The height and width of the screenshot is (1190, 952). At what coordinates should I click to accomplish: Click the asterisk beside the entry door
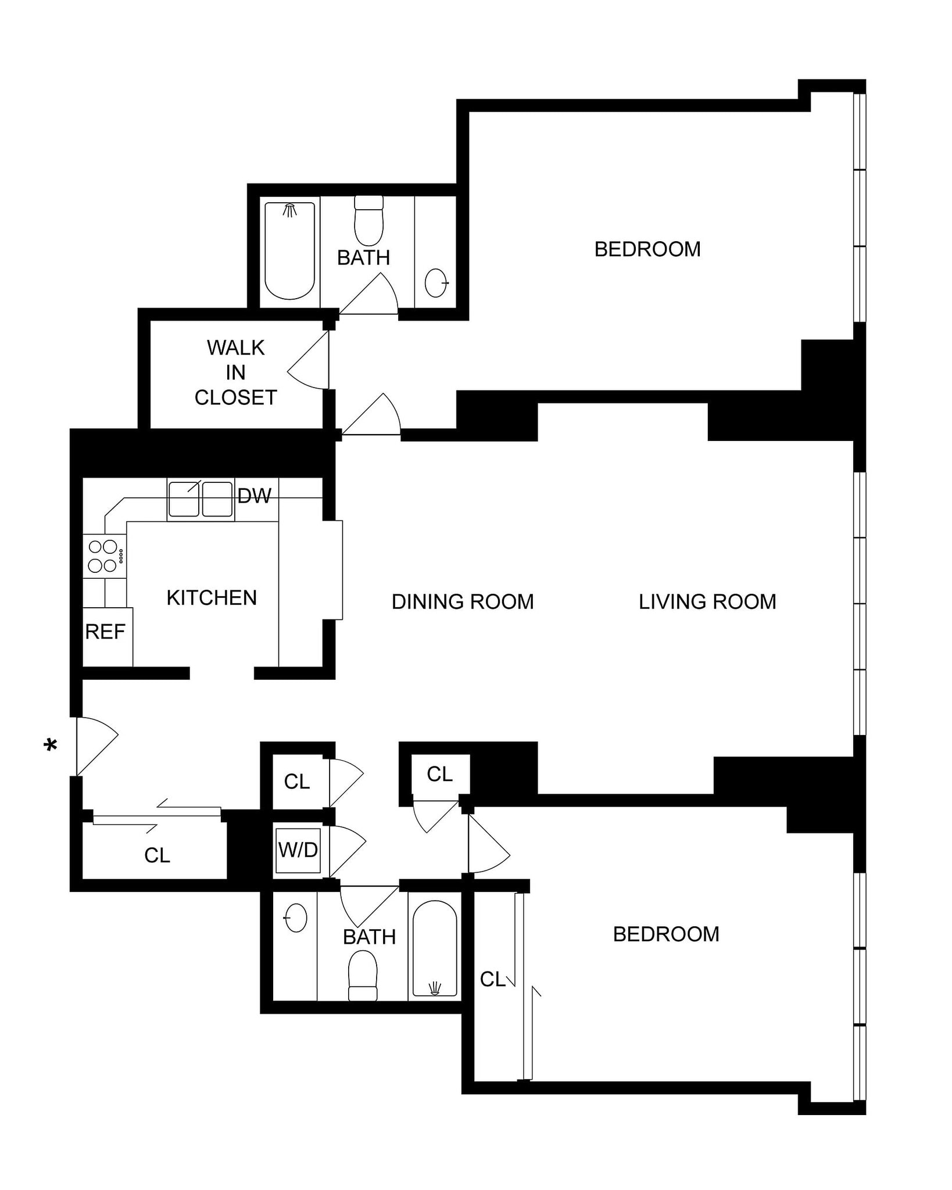click(51, 745)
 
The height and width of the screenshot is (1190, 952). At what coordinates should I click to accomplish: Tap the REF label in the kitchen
click(105, 632)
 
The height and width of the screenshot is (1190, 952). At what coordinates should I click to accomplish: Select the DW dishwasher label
click(255, 496)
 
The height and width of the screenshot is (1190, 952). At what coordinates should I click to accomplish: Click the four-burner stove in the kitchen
click(103, 556)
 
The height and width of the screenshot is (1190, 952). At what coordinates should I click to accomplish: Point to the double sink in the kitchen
click(201, 499)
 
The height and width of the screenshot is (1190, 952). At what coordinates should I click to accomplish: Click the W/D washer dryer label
click(298, 850)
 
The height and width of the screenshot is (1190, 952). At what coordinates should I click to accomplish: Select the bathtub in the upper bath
click(289, 250)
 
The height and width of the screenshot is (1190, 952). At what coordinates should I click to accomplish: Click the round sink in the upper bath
click(436, 283)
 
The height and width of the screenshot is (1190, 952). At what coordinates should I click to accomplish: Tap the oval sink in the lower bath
click(296, 918)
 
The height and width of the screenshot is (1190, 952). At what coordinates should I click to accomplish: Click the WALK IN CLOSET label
click(236, 372)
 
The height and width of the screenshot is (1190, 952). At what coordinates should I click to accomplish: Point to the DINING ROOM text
click(463, 602)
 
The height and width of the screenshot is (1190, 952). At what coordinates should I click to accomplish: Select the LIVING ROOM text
click(707, 602)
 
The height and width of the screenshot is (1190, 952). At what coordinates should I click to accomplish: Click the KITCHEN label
click(212, 598)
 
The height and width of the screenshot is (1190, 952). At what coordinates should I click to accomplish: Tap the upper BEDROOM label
click(647, 249)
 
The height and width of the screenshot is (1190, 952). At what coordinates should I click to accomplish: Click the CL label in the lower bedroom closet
click(493, 980)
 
